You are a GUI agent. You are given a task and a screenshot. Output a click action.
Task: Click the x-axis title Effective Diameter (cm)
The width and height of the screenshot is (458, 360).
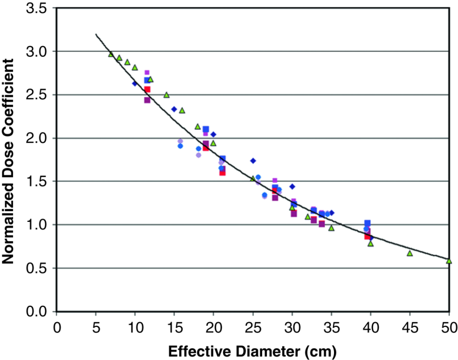253,349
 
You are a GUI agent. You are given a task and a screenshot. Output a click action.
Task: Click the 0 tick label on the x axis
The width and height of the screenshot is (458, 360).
57,327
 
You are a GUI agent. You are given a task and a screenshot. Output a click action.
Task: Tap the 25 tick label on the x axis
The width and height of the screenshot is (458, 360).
253,327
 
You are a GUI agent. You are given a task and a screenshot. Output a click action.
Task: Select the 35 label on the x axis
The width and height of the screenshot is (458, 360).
331,327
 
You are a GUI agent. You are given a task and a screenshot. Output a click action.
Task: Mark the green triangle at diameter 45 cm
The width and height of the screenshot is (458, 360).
410,253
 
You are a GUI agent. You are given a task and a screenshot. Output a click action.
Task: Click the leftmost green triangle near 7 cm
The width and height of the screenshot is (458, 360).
111,54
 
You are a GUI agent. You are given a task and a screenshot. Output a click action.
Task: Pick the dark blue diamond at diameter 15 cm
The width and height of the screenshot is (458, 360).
174,109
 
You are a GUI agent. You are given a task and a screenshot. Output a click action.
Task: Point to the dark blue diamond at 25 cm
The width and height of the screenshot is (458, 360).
253,161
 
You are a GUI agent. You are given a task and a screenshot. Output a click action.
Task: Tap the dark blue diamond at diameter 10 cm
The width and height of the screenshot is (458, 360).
135,84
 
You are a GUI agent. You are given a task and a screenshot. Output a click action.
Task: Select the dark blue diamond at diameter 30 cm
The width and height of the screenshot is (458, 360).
292,187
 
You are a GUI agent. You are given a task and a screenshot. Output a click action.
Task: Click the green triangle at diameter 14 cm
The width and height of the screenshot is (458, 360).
166,95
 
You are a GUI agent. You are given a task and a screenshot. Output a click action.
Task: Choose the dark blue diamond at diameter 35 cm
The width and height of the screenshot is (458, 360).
331,213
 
